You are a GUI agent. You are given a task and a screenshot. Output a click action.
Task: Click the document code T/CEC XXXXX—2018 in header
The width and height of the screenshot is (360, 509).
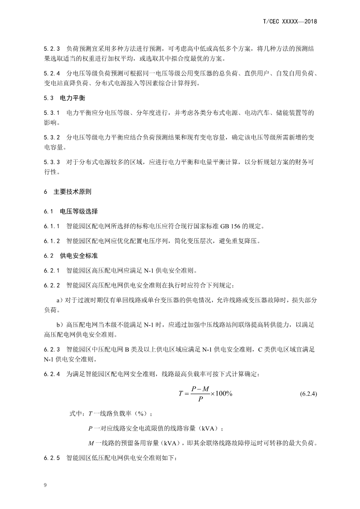pos(289,21)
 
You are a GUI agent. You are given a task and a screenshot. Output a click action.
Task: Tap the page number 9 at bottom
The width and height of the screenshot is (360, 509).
pos(44,486)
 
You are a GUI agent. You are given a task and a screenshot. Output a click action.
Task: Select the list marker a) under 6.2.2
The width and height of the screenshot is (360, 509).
pos(59,301)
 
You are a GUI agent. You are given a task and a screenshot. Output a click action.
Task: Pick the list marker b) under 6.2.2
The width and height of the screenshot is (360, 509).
pos(59,325)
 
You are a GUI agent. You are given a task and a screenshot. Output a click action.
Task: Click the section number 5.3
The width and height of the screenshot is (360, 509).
pos(49,98)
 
